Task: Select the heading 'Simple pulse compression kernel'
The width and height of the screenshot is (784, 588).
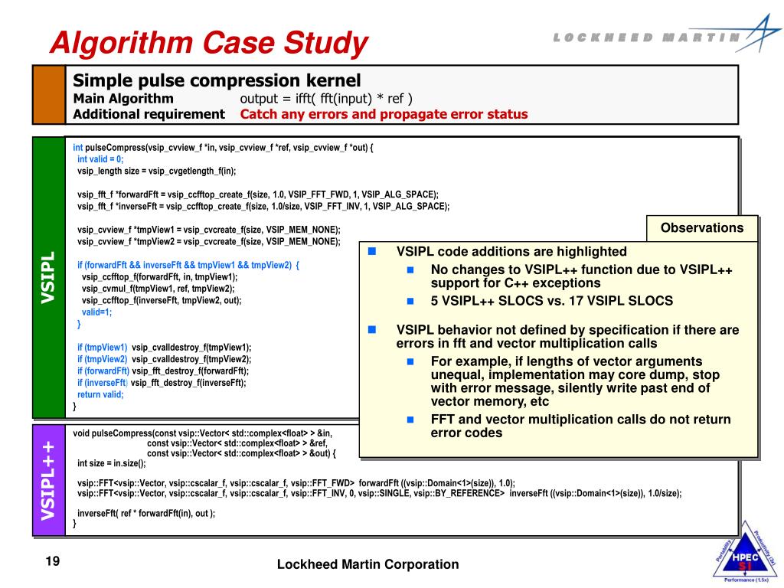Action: point(216,80)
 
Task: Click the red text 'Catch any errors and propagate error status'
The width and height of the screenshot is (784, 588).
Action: point(384,114)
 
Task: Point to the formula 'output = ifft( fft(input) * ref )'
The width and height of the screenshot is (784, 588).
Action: point(326,98)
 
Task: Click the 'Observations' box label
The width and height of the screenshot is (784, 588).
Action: point(702,227)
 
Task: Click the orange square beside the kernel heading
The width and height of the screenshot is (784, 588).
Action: point(49,95)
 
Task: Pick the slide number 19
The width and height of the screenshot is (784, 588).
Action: point(53,562)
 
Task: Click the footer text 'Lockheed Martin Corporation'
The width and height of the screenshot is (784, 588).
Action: point(367,564)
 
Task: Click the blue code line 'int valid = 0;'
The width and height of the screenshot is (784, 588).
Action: point(100,159)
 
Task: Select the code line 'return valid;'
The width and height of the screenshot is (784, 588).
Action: point(100,394)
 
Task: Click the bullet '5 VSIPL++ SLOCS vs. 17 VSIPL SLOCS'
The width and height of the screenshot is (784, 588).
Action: point(551,301)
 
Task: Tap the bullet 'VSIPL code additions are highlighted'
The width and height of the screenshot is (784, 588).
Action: point(511,251)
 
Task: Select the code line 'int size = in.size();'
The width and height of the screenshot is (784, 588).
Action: point(112,463)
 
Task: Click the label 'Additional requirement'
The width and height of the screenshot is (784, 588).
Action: point(149,114)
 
